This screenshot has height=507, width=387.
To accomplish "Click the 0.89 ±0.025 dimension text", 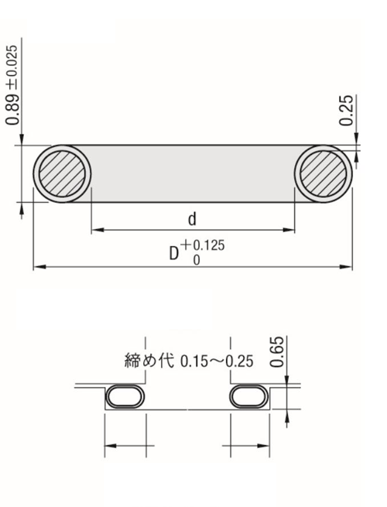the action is (x=12, y=84).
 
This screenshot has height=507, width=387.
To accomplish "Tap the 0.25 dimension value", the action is (x=346, y=110).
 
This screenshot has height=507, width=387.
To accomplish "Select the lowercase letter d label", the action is (x=193, y=219).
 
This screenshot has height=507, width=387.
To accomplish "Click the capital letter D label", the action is (x=174, y=254).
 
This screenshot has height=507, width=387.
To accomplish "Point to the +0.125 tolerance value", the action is (x=203, y=245).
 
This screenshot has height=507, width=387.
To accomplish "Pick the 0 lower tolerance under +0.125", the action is (x=197, y=260).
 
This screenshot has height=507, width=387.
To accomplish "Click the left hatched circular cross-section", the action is (x=62, y=173).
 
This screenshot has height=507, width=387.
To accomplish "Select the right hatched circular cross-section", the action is (x=324, y=173).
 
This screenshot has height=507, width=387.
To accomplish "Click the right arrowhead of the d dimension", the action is (x=289, y=230).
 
